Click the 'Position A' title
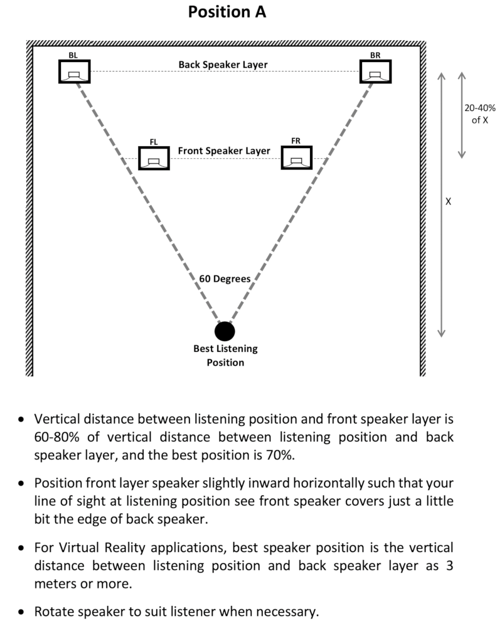click(x=227, y=12)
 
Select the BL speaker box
click(x=74, y=72)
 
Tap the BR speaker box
click(x=375, y=72)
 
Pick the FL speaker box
click(x=154, y=158)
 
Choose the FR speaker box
click(x=297, y=158)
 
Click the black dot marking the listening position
click(x=225, y=331)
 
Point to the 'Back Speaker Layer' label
click(x=223, y=65)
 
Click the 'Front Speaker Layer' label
click(x=224, y=151)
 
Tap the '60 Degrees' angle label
click(x=225, y=279)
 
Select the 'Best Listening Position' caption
click(x=226, y=355)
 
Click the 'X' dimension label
click(x=448, y=201)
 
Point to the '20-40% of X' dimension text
click(x=480, y=114)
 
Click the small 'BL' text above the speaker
click(x=73, y=55)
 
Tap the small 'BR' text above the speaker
click(x=375, y=55)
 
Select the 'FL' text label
click(x=153, y=142)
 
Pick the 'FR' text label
click(x=296, y=140)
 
